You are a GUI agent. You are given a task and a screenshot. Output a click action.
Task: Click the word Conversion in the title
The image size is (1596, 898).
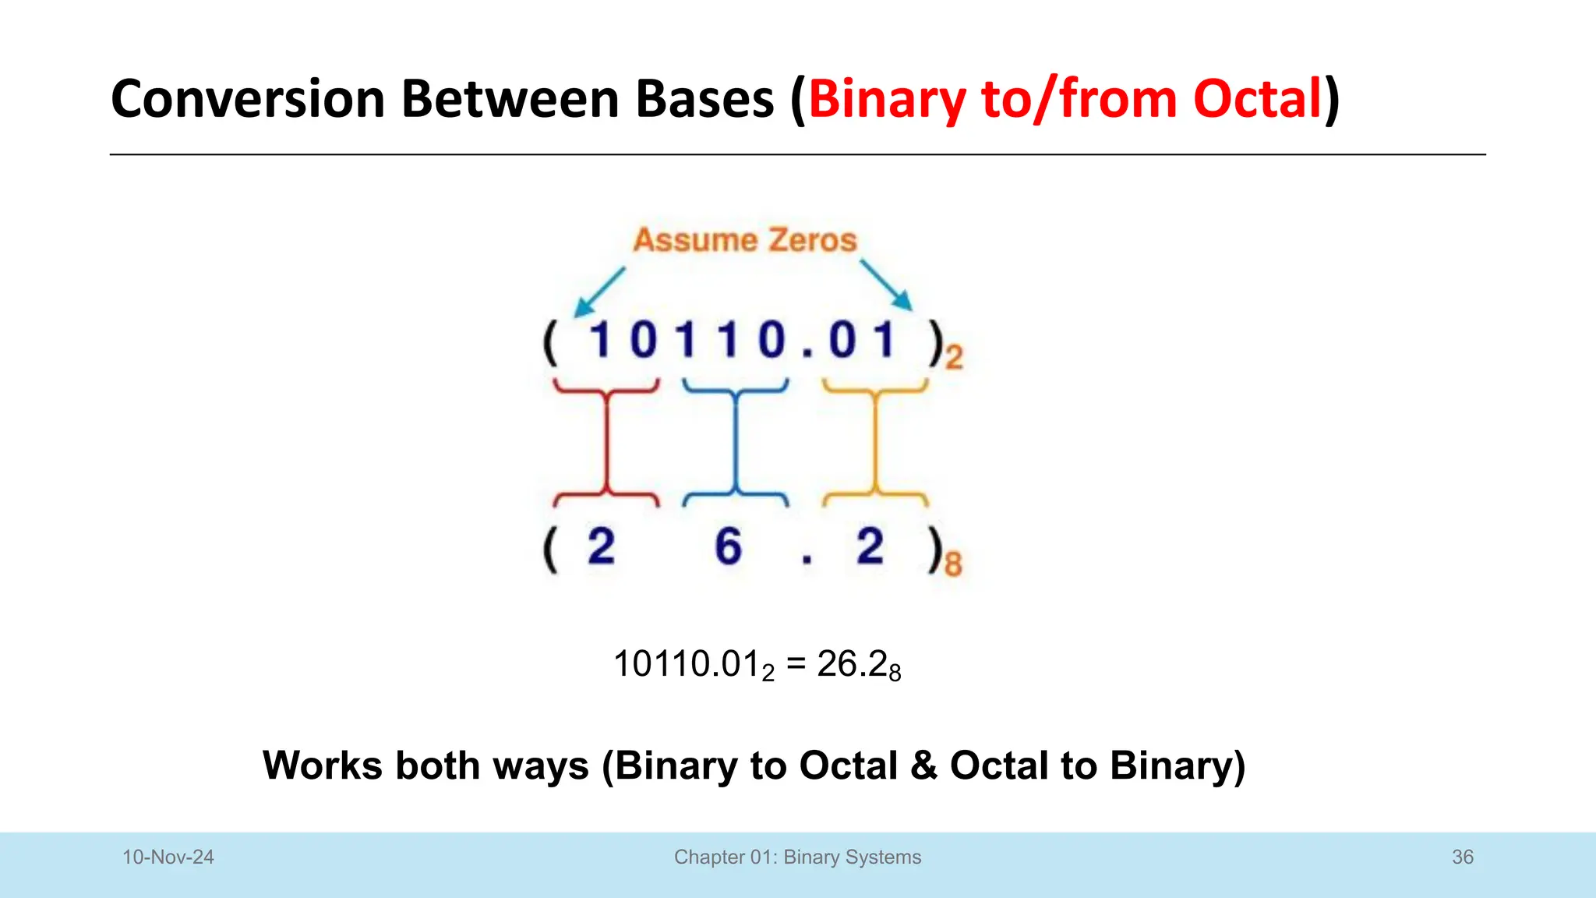click(248, 99)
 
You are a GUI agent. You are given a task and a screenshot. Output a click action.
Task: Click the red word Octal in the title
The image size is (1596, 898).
click(1257, 99)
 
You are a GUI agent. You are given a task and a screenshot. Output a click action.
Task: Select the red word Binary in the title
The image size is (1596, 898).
click(887, 99)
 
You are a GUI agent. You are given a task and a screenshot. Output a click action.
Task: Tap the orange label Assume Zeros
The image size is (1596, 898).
click(744, 240)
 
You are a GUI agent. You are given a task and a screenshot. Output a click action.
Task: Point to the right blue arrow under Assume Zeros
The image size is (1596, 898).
click(887, 285)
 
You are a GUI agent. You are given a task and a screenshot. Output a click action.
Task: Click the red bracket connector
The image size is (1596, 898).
click(606, 442)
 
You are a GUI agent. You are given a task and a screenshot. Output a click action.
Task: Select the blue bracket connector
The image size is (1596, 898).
click(735, 442)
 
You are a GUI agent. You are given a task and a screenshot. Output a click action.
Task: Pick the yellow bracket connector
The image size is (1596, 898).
click(875, 442)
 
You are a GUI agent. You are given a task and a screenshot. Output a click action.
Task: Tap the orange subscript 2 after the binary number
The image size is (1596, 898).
click(955, 358)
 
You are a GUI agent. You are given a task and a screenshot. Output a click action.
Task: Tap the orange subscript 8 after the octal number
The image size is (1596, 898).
click(953, 563)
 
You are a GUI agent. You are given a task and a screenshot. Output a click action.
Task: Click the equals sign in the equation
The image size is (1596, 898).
click(796, 664)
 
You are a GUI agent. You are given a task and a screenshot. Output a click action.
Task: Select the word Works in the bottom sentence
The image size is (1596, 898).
click(322, 765)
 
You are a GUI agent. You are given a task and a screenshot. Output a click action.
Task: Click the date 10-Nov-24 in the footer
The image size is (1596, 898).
click(168, 857)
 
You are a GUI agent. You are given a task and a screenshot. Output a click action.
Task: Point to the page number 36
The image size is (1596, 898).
click(1462, 857)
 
